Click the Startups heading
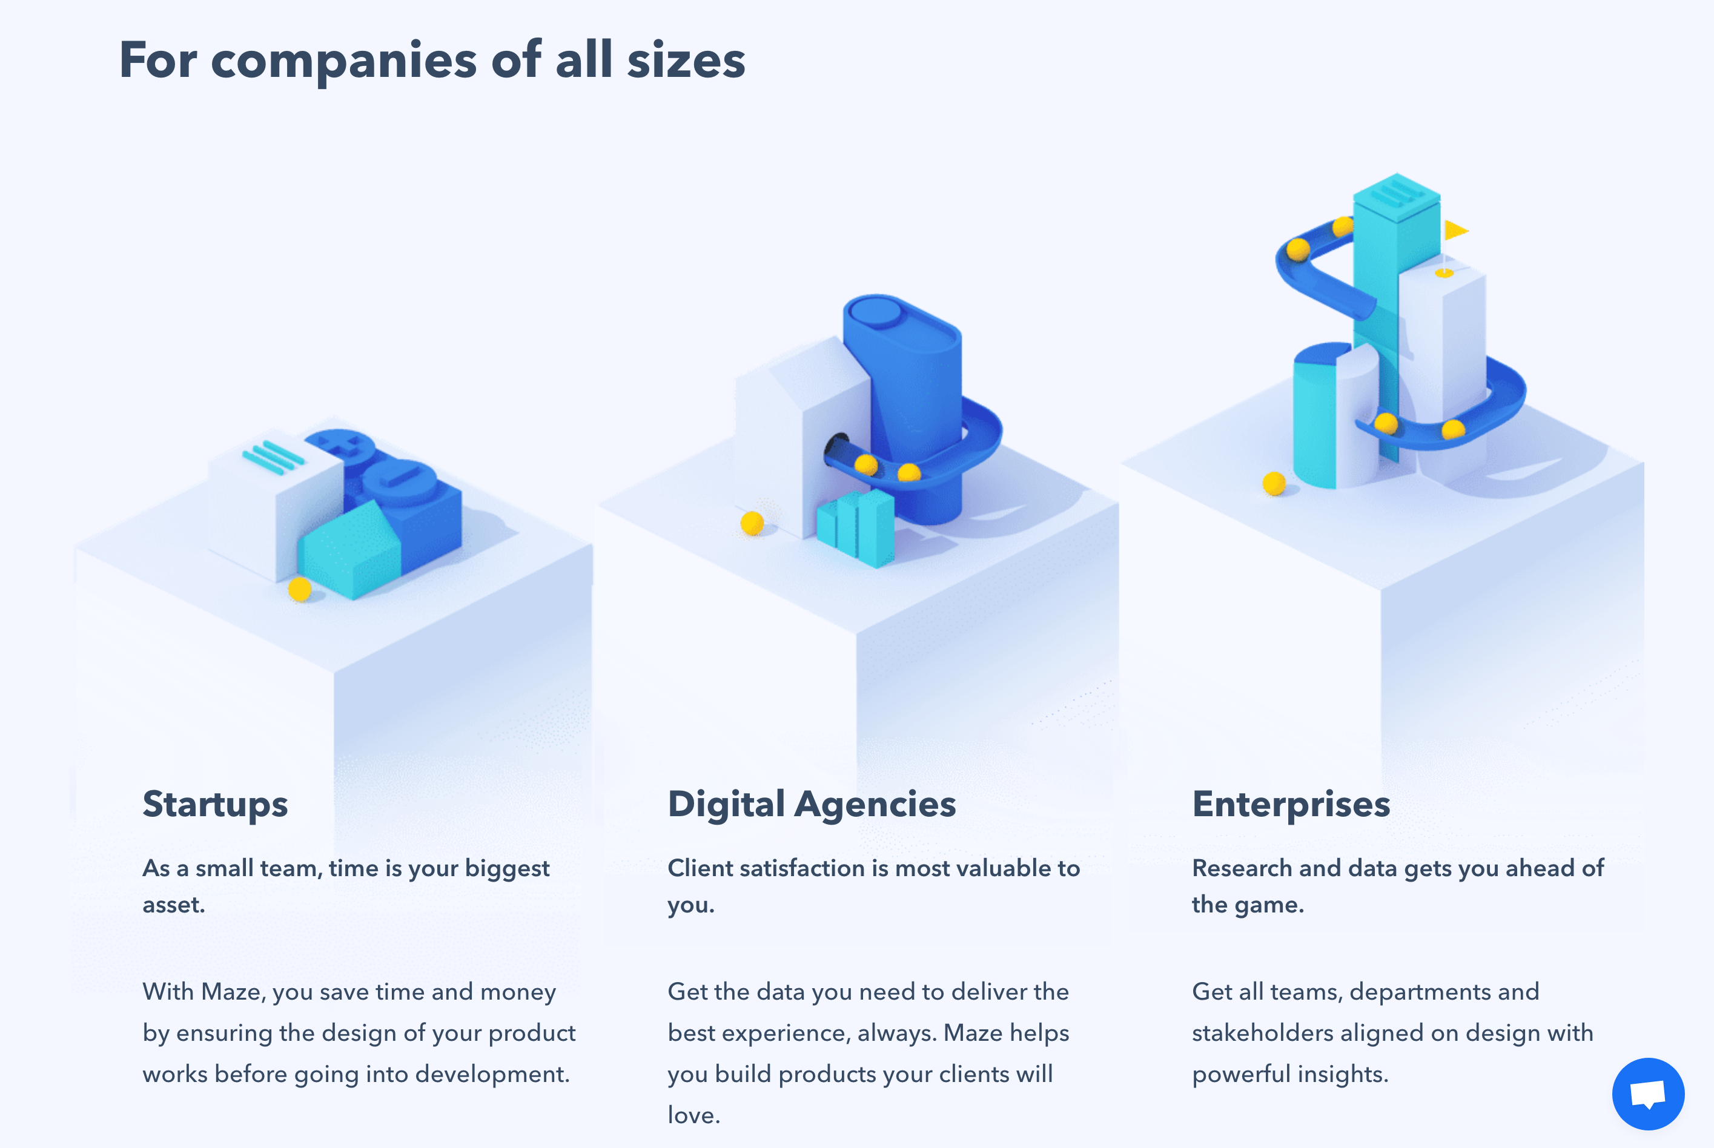(x=215, y=805)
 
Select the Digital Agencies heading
(x=811, y=805)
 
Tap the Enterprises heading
(x=1291, y=805)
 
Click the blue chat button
(x=1648, y=1094)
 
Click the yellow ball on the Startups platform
(x=299, y=589)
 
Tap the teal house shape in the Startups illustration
(x=351, y=550)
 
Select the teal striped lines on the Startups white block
(x=273, y=458)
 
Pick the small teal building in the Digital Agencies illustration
(x=855, y=528)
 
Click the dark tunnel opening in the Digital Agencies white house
(x=835, y=447)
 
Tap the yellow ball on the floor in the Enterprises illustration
(x=1274, y=483)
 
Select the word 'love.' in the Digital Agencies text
(x=694, y=1115)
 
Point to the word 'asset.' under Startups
(x=174, y=905)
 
